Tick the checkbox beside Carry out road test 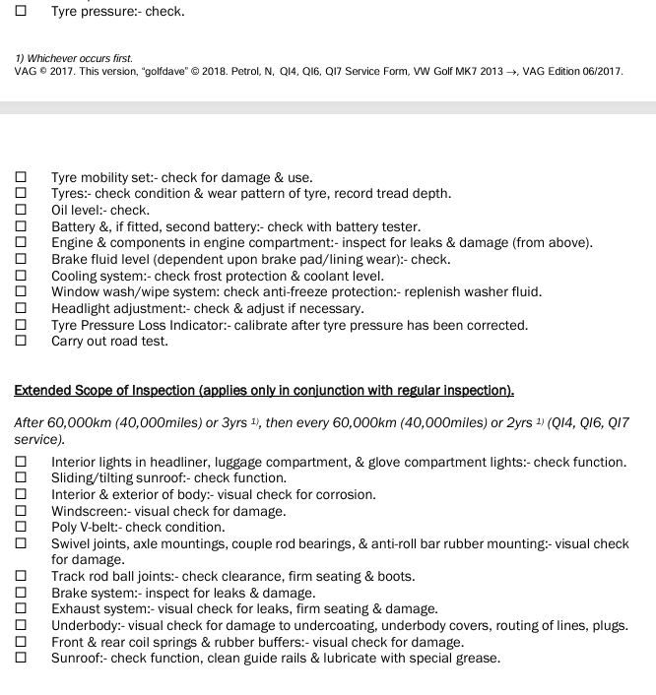point(21,342)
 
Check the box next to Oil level point(21,210)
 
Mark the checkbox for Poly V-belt point(21,527)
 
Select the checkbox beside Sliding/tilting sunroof point(21,477)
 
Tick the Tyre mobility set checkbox point(21,177)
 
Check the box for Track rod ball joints point(21,576)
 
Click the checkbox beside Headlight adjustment point(21,308)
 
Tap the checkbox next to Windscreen point(21,511)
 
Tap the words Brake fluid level point(99,260)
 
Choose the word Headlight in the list point(81,308)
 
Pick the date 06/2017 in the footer point(600,72)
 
